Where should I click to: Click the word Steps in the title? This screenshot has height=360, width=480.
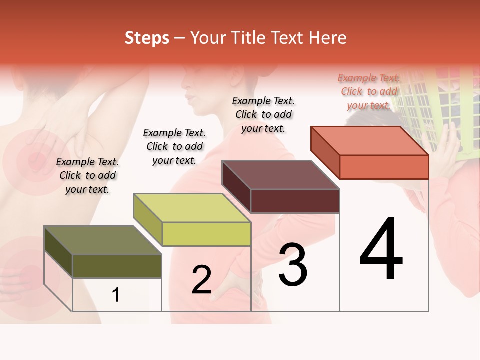pos(147,38)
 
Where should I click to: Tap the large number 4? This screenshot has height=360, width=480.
pos(381,250)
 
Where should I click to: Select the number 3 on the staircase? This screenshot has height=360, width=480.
pos(293,265)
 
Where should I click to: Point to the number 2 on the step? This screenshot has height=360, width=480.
pos(201,280)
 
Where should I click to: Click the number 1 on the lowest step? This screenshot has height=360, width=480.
pos(116,295)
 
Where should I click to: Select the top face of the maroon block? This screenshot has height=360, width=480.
pos(280,175)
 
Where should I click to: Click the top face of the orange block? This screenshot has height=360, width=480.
pos(369,141)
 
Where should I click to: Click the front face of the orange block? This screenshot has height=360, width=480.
pos(384,167)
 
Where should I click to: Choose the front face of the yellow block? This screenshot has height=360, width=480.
pos(206,234)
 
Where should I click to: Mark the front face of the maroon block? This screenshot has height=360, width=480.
pos(295,201)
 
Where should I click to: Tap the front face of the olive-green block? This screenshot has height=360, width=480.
pos(117,266)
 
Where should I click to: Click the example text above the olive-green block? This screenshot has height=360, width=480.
pos(87,175)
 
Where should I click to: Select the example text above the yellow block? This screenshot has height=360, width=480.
pos(174,146)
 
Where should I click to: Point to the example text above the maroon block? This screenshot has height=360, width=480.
pos(263,114)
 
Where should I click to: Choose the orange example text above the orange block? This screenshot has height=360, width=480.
pos(369,91)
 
